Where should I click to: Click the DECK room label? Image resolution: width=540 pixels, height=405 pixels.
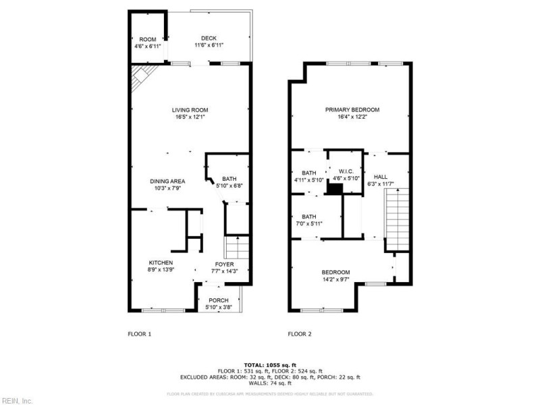[x=209, y=38]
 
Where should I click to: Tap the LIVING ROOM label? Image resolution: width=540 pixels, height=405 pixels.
[x=190, y=110]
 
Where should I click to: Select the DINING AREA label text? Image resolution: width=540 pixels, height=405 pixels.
[x=167, y=181]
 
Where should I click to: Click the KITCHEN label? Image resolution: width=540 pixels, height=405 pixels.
[x=161, y=263]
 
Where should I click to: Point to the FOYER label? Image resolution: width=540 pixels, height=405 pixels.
[x=224, y=264]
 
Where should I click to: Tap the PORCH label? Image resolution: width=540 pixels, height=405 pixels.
[x=218, y=300]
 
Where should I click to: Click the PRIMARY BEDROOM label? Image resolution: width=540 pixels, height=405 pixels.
[x=352, y=110]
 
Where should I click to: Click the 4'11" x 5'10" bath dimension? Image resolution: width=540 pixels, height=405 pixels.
[x=309, y=180]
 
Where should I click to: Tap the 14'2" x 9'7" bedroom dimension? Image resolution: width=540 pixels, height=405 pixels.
[x=340, y=278]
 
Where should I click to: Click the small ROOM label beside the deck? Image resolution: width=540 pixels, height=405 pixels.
[x=148, y=39]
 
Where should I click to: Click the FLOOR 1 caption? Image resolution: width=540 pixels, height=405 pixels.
[x=140, y=333]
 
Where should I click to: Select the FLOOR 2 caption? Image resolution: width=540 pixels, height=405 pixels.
[x=300, y=333]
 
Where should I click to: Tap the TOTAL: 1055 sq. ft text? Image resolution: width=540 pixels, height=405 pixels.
[x=270, y=364]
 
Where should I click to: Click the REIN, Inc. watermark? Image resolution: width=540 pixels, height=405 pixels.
[x=16, y=400]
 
